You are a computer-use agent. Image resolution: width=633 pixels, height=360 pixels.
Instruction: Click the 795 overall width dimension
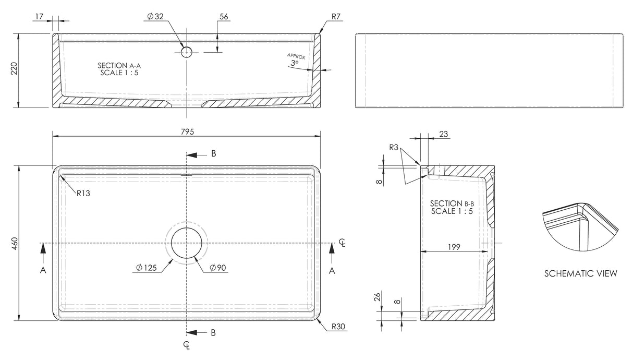point(187,132)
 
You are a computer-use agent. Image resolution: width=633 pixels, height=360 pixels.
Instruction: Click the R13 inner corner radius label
point(83,194)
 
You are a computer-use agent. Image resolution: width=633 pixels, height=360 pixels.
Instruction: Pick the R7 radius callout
point(336,17)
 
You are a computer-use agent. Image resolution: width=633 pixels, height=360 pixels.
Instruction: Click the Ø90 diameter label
point(217,268)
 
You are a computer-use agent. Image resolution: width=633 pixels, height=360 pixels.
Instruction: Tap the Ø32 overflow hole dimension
point(155,17)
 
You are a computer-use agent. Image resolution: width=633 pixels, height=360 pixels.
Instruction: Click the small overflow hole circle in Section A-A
point(187,52)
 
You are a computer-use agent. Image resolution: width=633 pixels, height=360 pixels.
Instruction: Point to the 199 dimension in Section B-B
point(454,247)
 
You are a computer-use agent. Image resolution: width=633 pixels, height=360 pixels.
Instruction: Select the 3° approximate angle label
point(295,63)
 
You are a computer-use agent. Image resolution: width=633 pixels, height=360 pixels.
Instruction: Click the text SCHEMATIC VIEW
point(580,273)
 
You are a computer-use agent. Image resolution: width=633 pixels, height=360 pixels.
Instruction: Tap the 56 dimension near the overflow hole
point(224,17)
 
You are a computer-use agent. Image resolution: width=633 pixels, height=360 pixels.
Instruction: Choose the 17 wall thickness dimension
point(38,17)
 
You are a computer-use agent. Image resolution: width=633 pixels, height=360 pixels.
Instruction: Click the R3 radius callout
point(394,148)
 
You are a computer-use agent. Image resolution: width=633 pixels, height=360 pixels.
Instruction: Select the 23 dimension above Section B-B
point(444,134)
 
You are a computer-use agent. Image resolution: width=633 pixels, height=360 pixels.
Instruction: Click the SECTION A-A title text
point(119,65)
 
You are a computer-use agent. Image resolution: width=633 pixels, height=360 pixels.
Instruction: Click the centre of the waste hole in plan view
point(187,243)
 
